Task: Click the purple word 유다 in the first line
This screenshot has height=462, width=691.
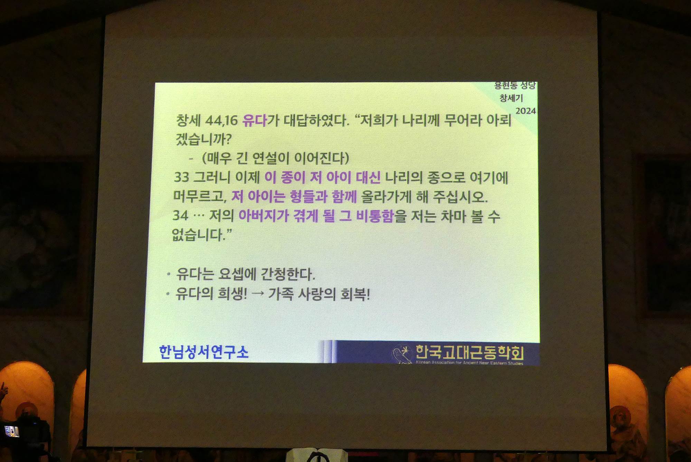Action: (255, 120)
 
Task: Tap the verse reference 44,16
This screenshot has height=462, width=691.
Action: (221, 121)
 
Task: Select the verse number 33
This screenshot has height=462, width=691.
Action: (181, 177)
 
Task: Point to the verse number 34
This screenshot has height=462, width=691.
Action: (180, 216)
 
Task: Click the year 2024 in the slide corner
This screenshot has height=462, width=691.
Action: (526, 111)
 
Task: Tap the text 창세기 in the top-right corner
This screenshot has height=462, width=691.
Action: (511, 98)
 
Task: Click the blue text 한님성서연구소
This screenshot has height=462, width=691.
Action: (203, 352)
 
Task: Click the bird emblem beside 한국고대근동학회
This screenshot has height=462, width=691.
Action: (403, 353)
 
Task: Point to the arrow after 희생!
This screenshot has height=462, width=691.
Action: (258, 294)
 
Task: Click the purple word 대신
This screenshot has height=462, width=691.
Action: (368, 178)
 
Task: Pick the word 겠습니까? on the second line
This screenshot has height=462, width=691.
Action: (203, 139)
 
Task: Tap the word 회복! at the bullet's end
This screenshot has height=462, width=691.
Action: (355, 294)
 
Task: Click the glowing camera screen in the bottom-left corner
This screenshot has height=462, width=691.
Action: (11, 431)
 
